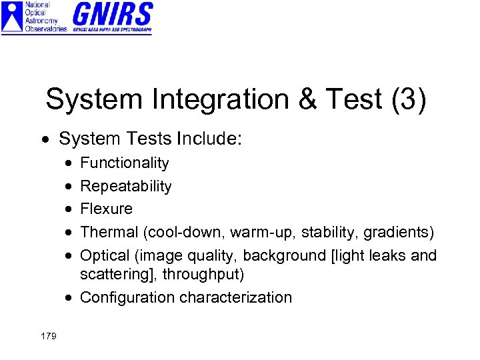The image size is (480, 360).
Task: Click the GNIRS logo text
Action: [112, 14]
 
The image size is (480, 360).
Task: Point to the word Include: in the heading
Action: [213, 139]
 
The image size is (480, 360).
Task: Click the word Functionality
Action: [125, 163]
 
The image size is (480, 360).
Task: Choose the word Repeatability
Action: [126, 187]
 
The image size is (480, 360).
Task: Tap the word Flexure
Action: [107, 209]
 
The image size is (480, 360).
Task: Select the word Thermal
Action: [109, 232]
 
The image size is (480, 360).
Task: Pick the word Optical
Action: [107, 255]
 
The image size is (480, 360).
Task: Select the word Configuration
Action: [129, 297]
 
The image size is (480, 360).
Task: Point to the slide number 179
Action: [48, 335]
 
